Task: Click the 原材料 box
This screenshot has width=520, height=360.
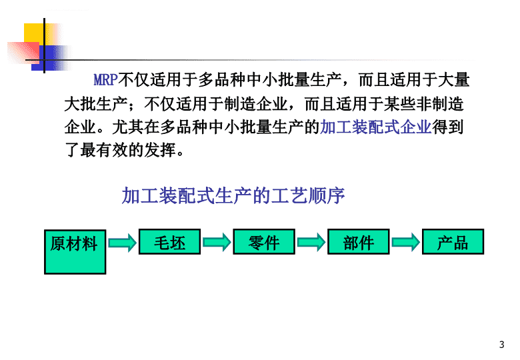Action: point(75,252)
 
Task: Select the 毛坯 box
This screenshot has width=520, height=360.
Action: point(169,241)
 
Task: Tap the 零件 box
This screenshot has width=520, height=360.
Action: point(264,241)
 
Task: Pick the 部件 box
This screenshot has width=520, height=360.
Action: point(359,241)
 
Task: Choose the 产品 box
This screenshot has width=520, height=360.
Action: point(453,241)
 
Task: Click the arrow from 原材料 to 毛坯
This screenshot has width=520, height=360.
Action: point(123,243)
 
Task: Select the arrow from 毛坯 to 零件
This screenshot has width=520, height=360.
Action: point(217,242)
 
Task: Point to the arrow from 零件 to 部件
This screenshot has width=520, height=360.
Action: point(311,242)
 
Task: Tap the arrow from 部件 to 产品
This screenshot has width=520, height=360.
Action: point(406,242)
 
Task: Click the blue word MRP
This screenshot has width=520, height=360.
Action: point(106,80)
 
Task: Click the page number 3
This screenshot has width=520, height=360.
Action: point(502,345)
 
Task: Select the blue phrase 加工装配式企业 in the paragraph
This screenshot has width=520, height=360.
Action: point(376,127)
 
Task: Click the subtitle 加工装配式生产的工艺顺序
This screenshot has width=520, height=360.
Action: point(233,195)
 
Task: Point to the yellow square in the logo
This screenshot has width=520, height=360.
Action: point(35,33)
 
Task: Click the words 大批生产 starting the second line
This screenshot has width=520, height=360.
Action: point(96,104)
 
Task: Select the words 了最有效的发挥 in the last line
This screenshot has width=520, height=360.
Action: point(121,151)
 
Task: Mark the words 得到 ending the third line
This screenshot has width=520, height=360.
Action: point(448,127)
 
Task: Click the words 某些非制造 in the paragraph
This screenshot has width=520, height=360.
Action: point(423,104)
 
